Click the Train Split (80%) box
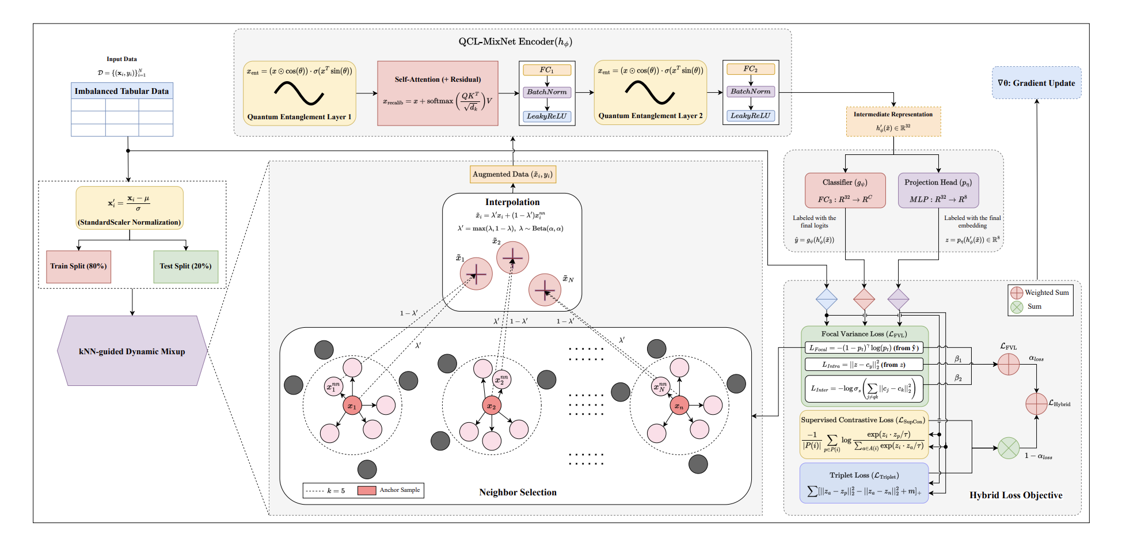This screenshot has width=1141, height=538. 78,266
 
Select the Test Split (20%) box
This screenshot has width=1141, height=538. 185,266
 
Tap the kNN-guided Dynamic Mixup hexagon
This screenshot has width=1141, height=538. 132,351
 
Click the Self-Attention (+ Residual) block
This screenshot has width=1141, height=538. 438,93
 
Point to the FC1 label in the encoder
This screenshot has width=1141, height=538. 546,70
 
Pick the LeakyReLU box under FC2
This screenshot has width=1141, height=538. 750,116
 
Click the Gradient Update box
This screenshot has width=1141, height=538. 1036,83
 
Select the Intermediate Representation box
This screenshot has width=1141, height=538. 893,121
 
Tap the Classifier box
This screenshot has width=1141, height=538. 845,190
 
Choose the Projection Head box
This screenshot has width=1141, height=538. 938,190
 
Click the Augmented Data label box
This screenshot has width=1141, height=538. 512,174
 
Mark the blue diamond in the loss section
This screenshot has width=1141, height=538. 826,300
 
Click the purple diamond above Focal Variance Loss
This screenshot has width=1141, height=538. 898,300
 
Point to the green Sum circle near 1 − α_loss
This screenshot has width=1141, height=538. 1008,448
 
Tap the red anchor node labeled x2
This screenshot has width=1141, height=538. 491,406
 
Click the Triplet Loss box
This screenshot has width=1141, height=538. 864,483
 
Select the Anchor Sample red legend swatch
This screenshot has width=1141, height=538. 367,490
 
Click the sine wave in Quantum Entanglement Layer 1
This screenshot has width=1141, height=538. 299,93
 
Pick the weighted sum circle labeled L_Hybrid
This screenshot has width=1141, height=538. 1036,403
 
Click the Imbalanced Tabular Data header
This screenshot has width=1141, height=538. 121,91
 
